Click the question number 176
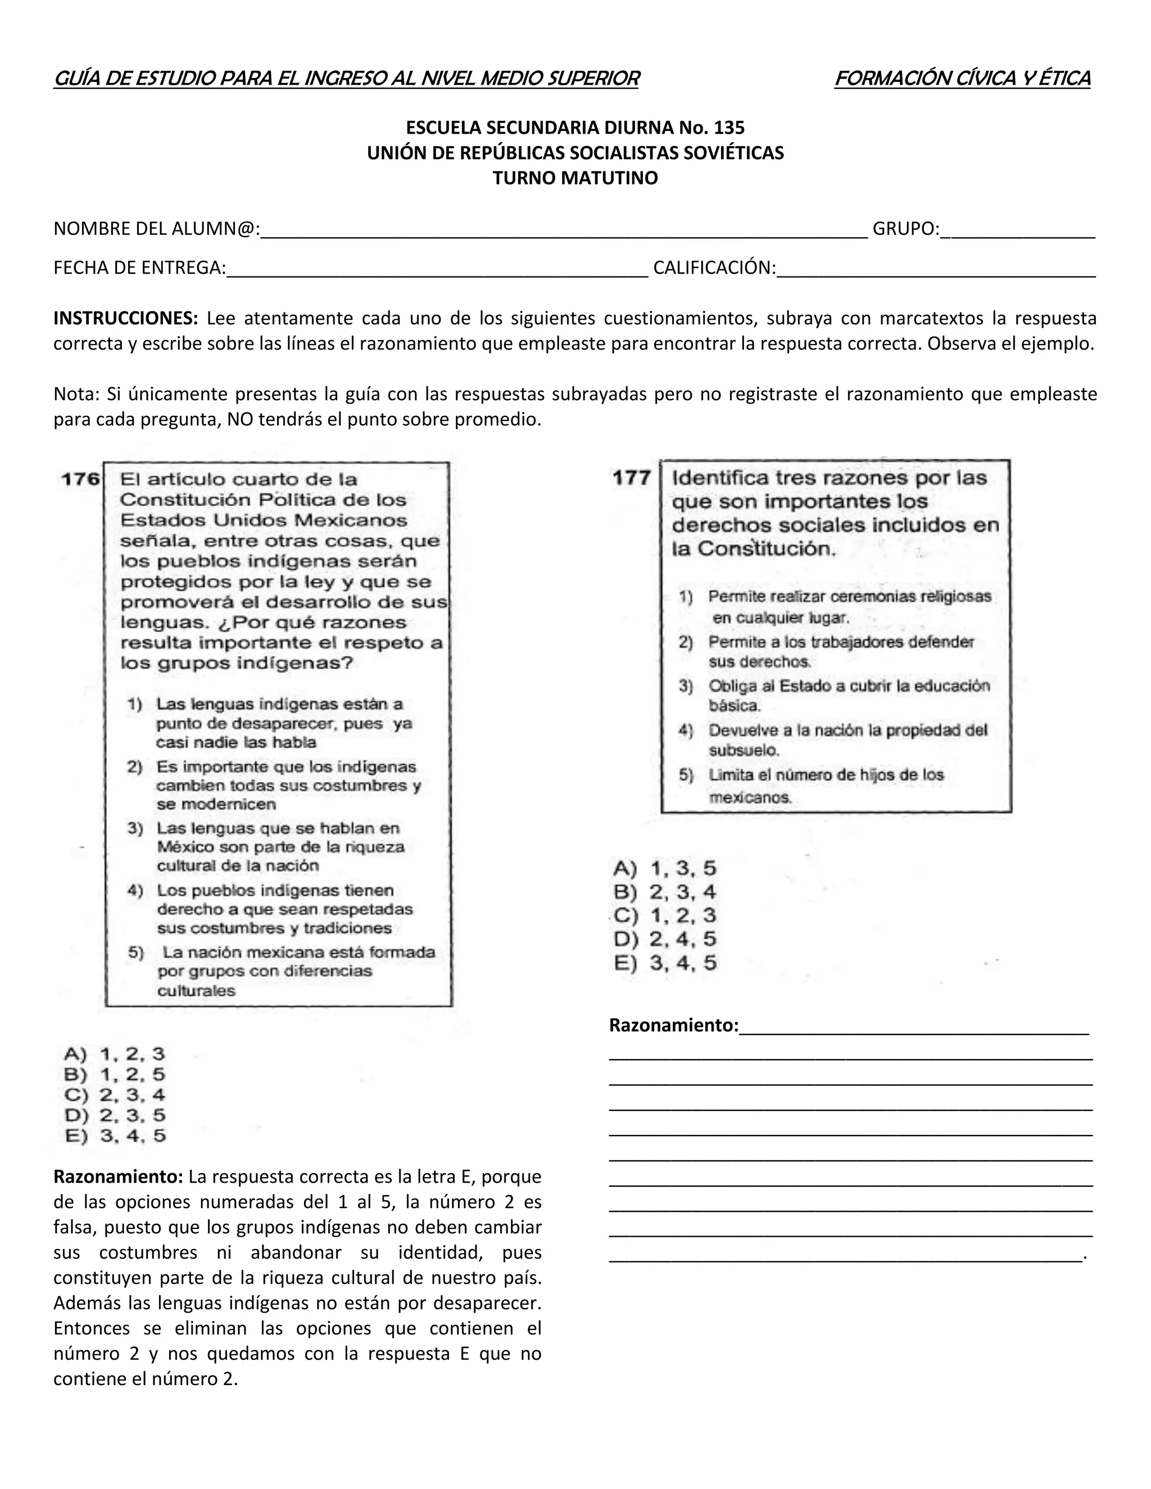pos(80,479)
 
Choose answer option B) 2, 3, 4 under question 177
pos(665,892)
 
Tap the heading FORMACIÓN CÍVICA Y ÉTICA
pos(962,79)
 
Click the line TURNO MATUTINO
pos(575,178)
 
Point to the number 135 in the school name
pos(729,128)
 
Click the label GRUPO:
pos(905,229)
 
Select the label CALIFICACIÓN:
pos(714,268)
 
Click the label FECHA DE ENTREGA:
pos(140,268)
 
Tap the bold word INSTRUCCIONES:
pos(125,319)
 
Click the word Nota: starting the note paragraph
pos(76,394)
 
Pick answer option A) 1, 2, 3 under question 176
pos(115,1054)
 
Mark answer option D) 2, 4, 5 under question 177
pos(665,939)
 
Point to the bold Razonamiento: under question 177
pos(673,1025)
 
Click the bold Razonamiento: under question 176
pos(118,1177)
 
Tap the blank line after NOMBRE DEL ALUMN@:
pos(563,230)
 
